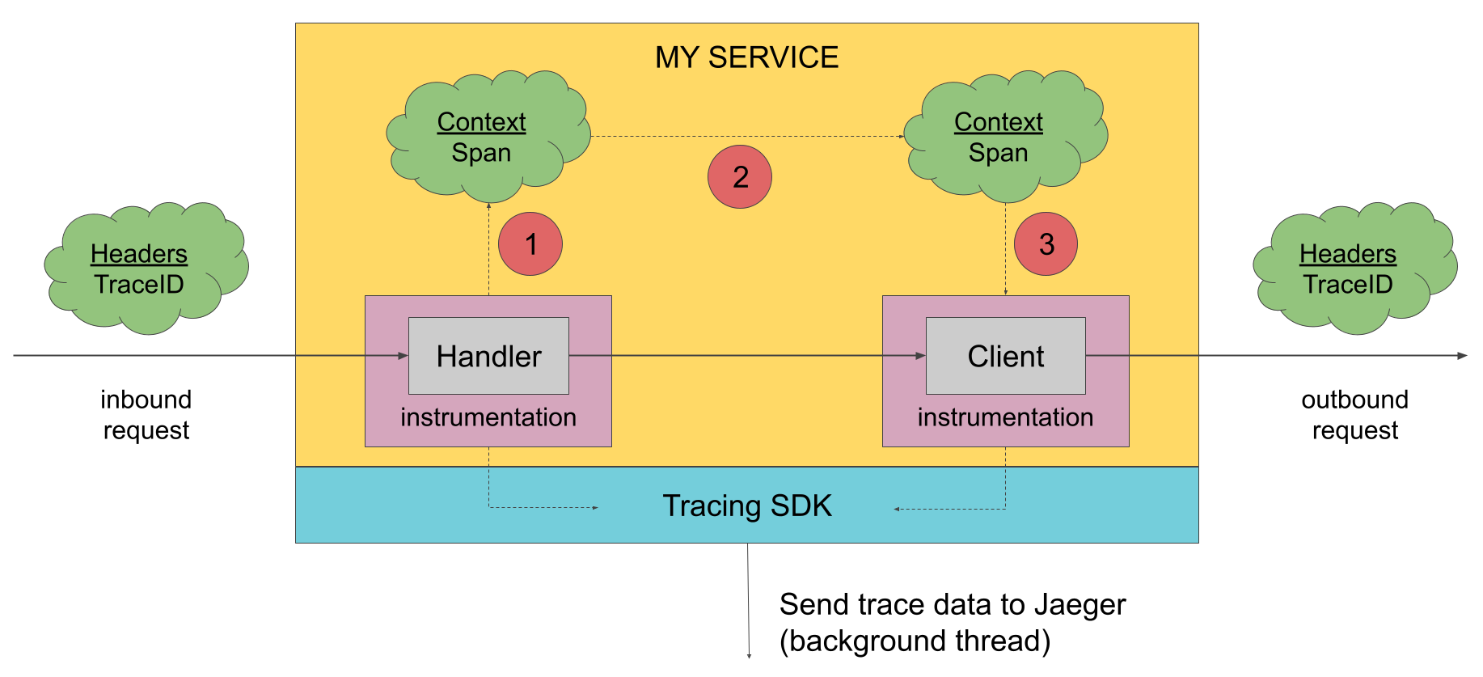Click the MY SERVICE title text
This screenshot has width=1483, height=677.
[x=746, y=57]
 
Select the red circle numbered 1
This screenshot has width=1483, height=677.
[x=530, y=244]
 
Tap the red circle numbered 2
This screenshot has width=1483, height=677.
[x=740, y=177]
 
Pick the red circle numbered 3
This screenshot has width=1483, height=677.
[x=1046, y=244]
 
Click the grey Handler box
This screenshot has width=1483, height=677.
[x=488, y=356]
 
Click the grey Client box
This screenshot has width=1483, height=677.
[x=1005, y=356]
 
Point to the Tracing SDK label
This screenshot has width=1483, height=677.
[x=746, y=506]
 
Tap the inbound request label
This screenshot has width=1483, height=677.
[x=146, y=415]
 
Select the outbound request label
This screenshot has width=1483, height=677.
[x=1354, y=415]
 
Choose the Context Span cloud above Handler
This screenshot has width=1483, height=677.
[x=486, y=138]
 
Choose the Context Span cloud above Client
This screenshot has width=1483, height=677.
[x=1003, y=138]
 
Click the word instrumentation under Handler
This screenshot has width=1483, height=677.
[x=488, y=417]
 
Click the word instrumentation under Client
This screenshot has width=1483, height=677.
[x=1005, y=417]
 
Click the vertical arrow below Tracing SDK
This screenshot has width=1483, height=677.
[x=748, y=599]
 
